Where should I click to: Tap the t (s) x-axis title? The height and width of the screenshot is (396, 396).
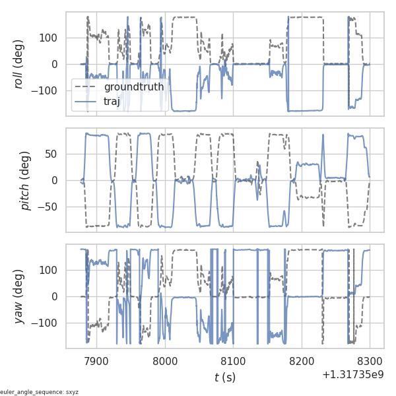[x=225, y=377]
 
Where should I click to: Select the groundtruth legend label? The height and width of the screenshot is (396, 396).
[x=134, y=88]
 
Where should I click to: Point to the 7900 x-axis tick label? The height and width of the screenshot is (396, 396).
[x=96, y=360]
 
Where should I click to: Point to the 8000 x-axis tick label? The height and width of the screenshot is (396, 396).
[x=165, y=360]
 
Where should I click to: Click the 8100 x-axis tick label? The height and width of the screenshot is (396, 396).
[x=233, y=360]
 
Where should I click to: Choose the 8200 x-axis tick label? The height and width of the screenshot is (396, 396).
[x=302, y=360]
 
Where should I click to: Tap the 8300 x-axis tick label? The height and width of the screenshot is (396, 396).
[x=370, y=360]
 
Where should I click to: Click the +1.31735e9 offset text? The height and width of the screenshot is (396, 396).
[x=353, y=375]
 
